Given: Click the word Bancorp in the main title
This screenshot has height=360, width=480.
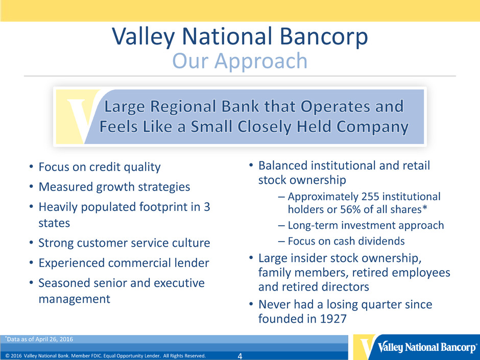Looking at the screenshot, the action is (x=324, y=36).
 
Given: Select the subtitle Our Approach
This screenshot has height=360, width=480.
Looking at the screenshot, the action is (x=239, y=61).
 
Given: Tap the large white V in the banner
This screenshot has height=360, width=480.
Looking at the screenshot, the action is (x=80, y=120).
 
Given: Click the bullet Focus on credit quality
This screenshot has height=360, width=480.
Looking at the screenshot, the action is (x=100, y=167).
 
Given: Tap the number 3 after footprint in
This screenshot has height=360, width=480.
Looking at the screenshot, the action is (x=207, y=207).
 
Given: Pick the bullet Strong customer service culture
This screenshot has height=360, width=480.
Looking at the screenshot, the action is (x=124, y=243).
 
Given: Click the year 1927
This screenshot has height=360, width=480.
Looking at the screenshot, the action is (x=333, y=319).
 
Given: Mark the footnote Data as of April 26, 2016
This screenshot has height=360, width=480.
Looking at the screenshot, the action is (x=39, y=339).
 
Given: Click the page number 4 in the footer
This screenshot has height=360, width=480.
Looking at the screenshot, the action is (x=239, y=356).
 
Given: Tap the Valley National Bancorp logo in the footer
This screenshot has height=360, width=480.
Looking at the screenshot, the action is (x=417, y=347).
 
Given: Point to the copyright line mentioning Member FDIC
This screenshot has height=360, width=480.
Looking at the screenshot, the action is (x=106, y=356).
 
